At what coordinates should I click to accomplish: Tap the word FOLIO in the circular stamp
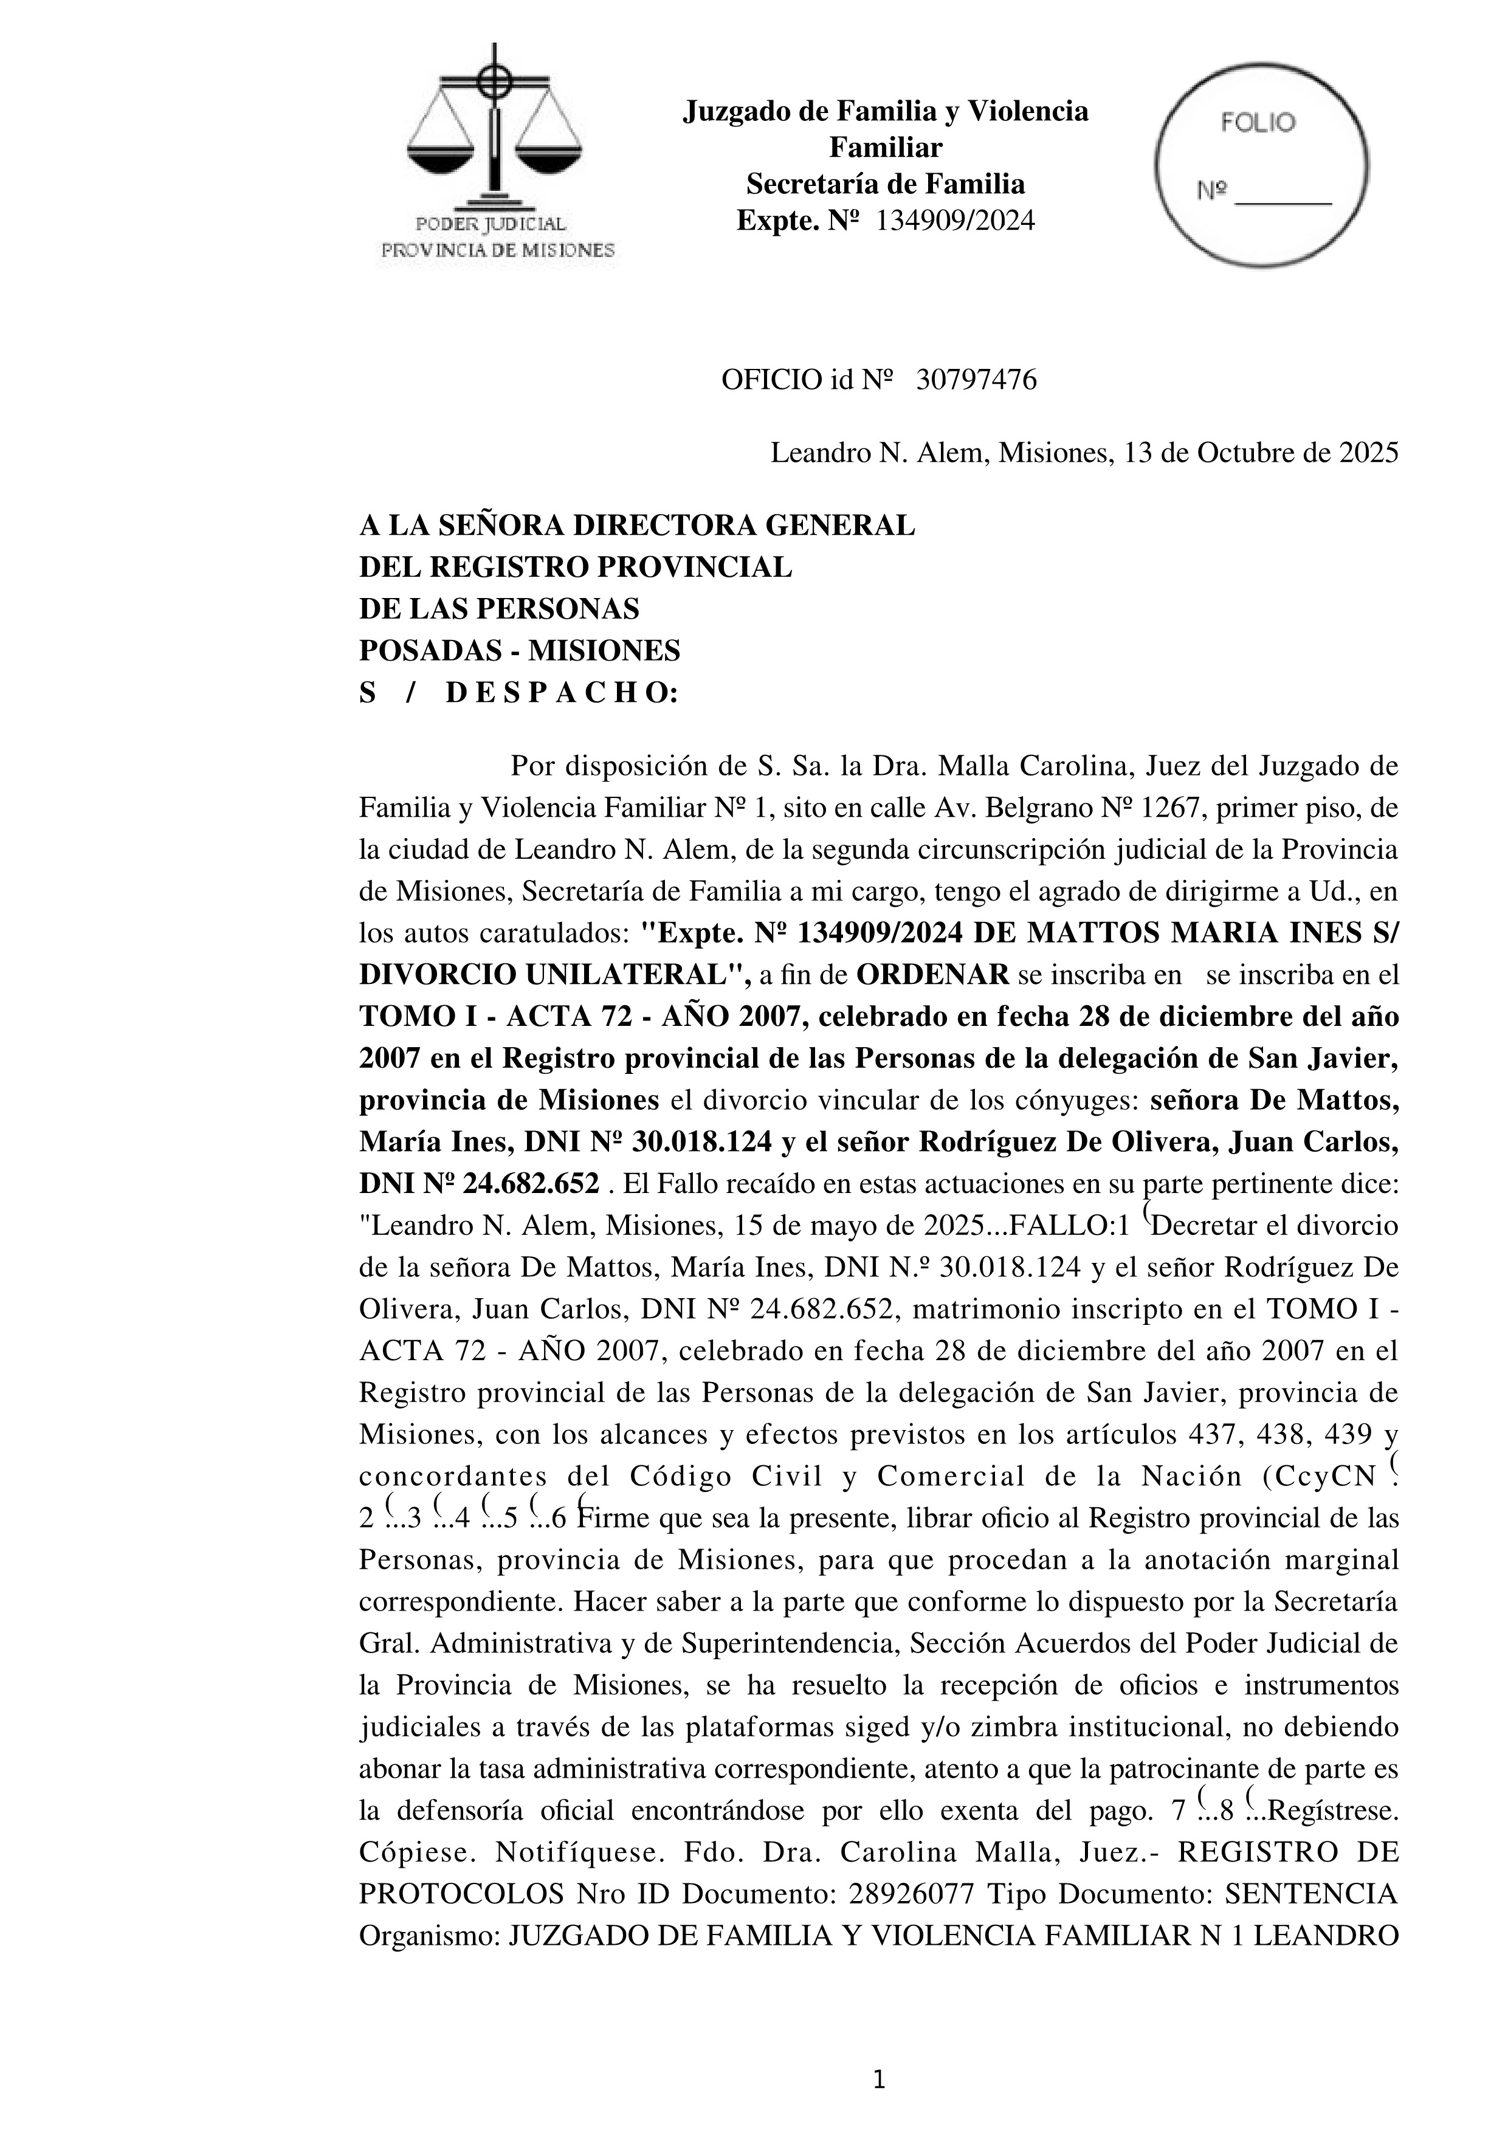(1258, 123)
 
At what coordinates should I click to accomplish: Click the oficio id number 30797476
(976, 380)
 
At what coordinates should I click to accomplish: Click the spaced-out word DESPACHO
(562, 693)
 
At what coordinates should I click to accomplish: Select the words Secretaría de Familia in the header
(885, 184)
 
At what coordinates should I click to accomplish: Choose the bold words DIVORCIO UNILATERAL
(554, 975)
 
